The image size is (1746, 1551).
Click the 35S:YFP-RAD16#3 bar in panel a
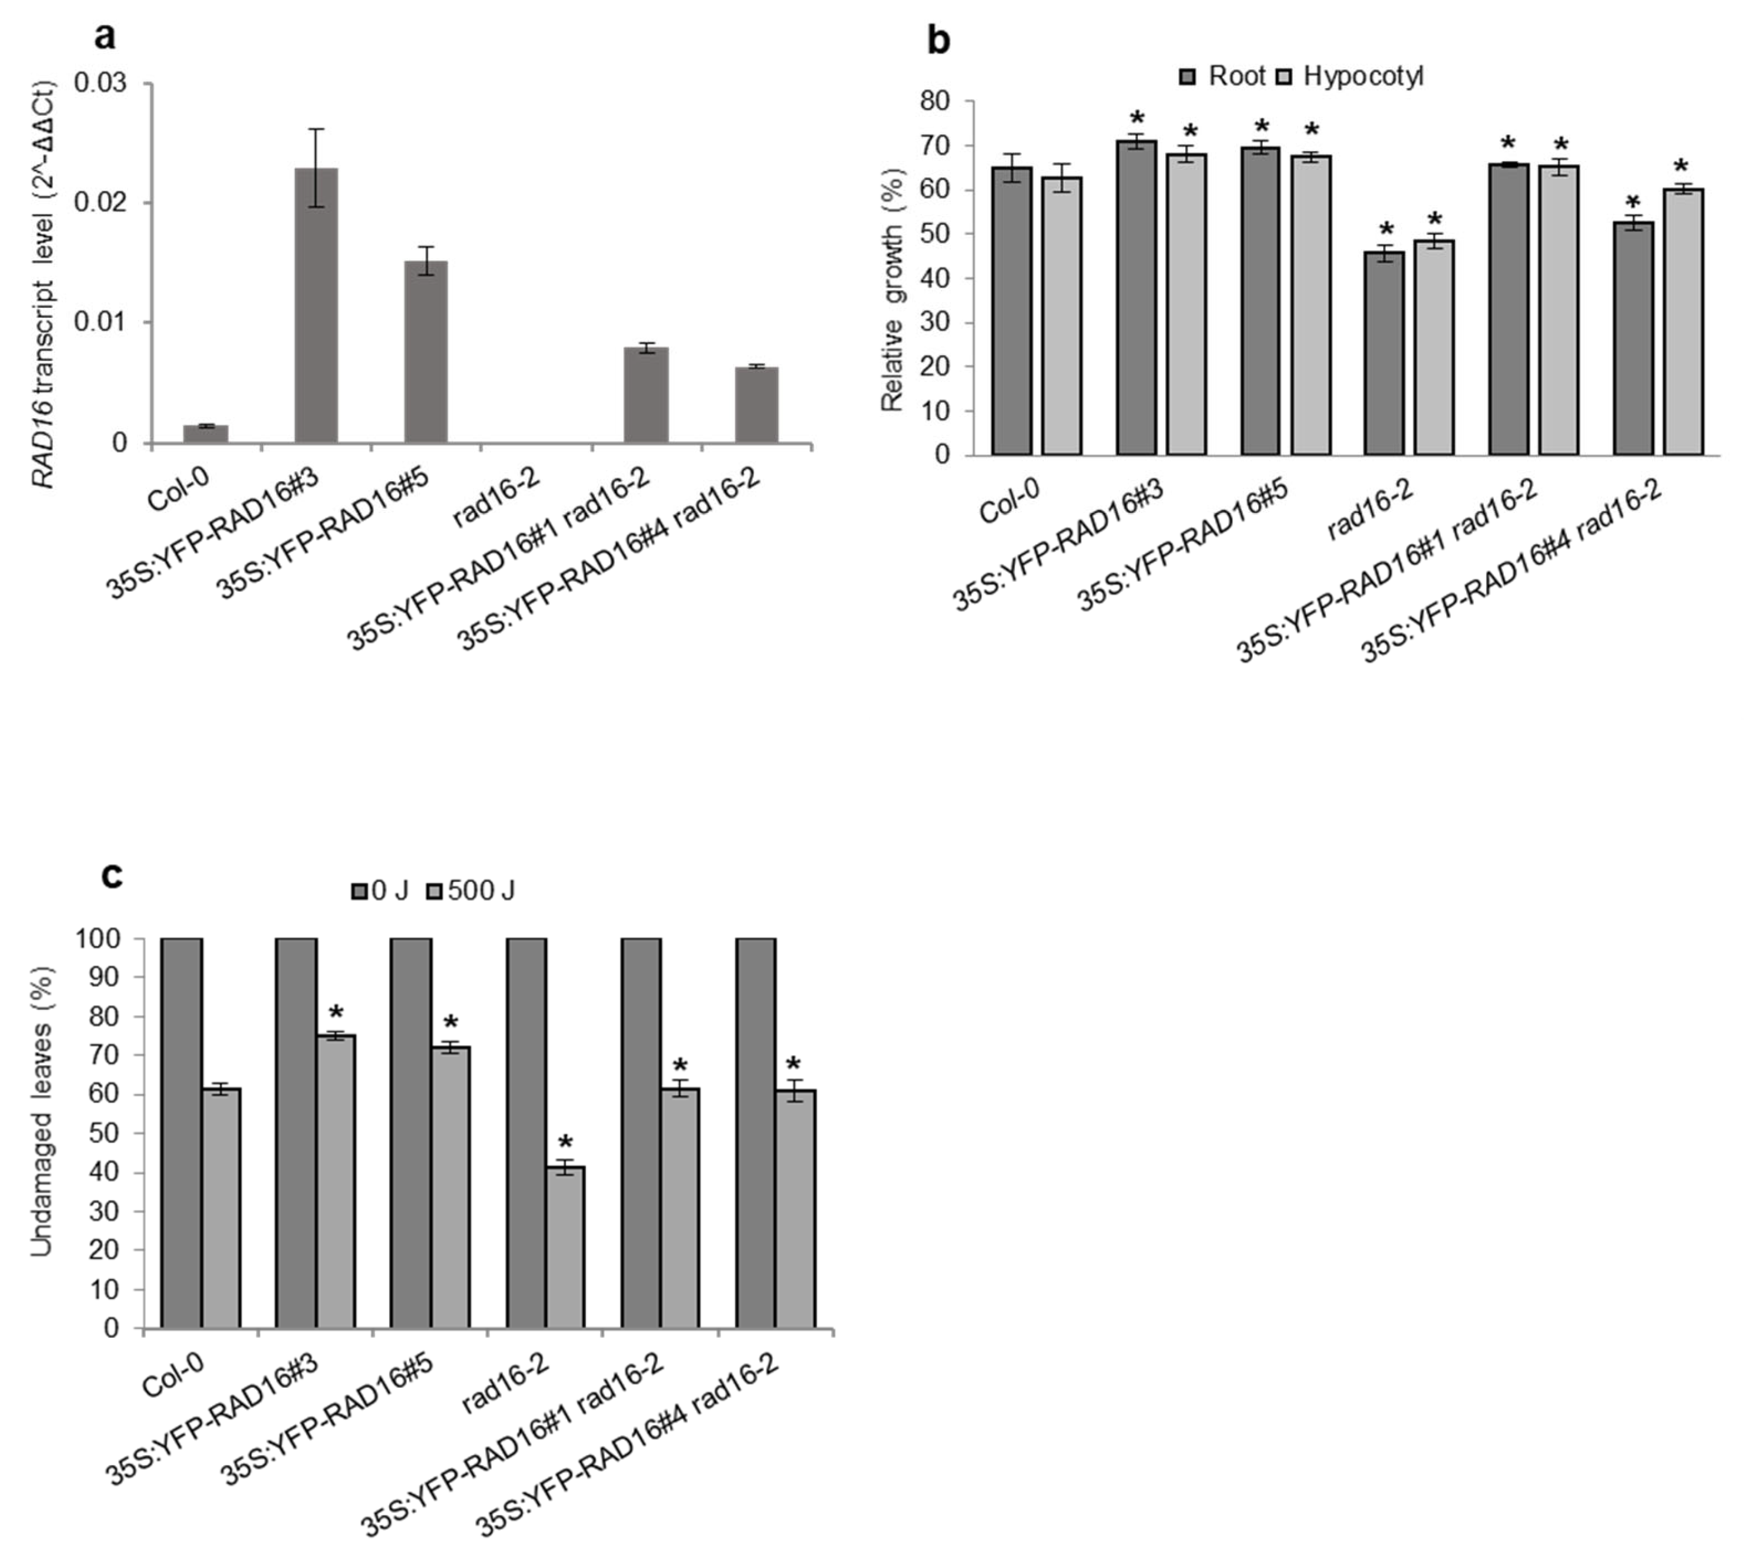coord(316,305)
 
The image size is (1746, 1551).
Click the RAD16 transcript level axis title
coord(43,284)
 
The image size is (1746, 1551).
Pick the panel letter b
coord(938,40)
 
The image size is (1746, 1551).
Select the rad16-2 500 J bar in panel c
coord(565,1247)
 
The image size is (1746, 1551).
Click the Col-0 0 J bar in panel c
coord(181,1133)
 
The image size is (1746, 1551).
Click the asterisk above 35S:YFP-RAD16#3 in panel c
coord(337,1015)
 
